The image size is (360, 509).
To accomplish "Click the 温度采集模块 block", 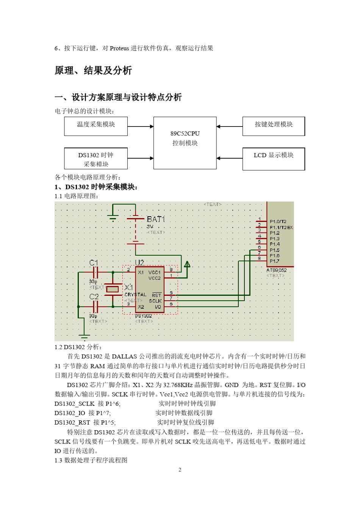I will click(96, 126).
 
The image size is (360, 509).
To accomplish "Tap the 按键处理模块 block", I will click(274, 126).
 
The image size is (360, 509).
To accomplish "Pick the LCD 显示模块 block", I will click(274, 159).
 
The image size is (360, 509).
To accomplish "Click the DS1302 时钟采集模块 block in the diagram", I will click(96, 159).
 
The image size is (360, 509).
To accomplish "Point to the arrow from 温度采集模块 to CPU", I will click(140, 126).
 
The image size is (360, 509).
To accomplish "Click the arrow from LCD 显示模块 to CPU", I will click(229, 158).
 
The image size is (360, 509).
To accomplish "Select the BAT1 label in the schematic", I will click(156, 219).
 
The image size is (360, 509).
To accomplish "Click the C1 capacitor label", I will click(94, 262).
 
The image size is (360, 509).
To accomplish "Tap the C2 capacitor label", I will click(94, 297).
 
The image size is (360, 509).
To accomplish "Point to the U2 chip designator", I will click(139, 262).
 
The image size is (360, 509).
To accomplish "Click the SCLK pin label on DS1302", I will click(155, 301).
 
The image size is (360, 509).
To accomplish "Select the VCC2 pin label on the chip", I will click(154, 278).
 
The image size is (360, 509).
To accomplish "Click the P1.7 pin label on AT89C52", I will click(274, 261).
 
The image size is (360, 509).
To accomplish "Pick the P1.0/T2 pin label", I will click(278, 222).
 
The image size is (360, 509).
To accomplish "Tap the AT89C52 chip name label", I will click(276, 270).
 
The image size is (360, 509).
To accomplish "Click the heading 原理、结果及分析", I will click(93, 70).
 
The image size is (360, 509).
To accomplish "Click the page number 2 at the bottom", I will click(180, 470).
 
